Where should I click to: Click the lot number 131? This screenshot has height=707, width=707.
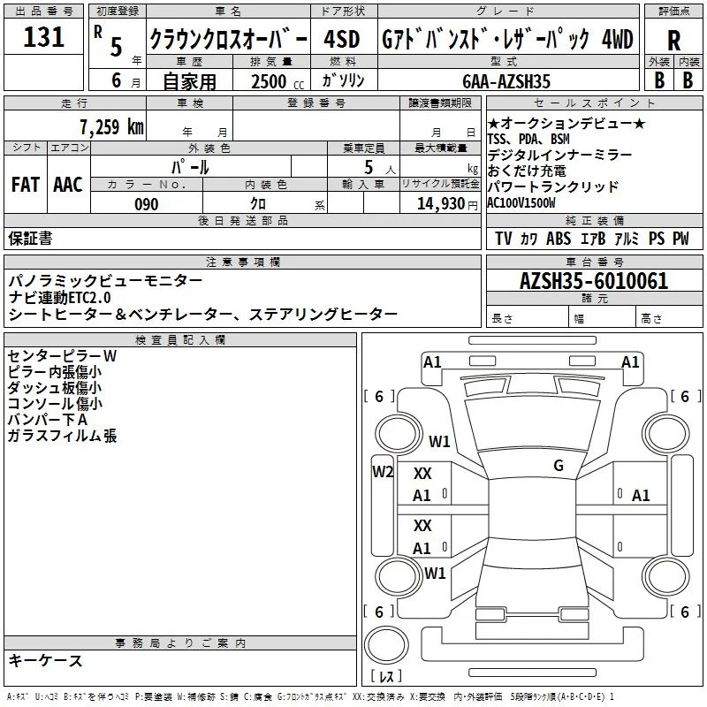tap(43, 37)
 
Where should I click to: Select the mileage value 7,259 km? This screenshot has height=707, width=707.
tap(112, 127)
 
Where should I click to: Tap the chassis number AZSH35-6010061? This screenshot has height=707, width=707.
tap(594, 281)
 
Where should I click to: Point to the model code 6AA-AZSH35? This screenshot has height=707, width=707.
tap(506, 81)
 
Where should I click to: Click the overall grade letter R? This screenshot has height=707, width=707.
tap(673, 41)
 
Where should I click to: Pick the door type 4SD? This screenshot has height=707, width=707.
tap(342, 40)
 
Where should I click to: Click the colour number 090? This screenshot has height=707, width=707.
tap(147, 204)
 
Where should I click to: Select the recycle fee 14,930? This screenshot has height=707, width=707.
tap(441, 204)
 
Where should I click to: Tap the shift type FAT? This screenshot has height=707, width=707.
tap(26, 185)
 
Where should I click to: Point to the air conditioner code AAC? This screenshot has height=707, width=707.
tap(68, 185)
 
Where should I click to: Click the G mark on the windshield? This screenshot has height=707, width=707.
tap(559, 465)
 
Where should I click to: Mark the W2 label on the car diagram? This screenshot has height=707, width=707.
tap(383, 472)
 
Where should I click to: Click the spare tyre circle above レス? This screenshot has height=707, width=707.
tap(386, 645)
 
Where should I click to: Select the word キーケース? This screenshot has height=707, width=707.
tap(46, 660)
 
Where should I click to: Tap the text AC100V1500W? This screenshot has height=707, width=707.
tap(521, 203)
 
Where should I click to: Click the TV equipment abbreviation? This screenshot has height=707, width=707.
tap(503, 239)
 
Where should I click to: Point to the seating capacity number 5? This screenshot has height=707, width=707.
tap(369, 167)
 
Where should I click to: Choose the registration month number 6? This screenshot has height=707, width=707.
tap(117, 80)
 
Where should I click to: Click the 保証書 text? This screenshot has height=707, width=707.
tap(30, 238)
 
